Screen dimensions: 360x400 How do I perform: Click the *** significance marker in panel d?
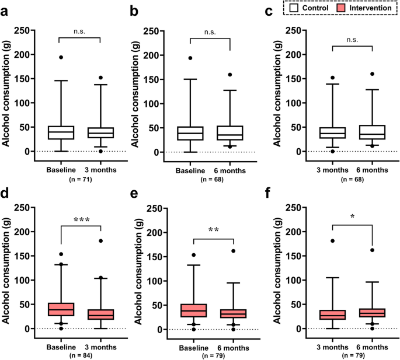pos(81,220)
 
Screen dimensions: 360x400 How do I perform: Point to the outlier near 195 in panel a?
pos(61,57)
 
